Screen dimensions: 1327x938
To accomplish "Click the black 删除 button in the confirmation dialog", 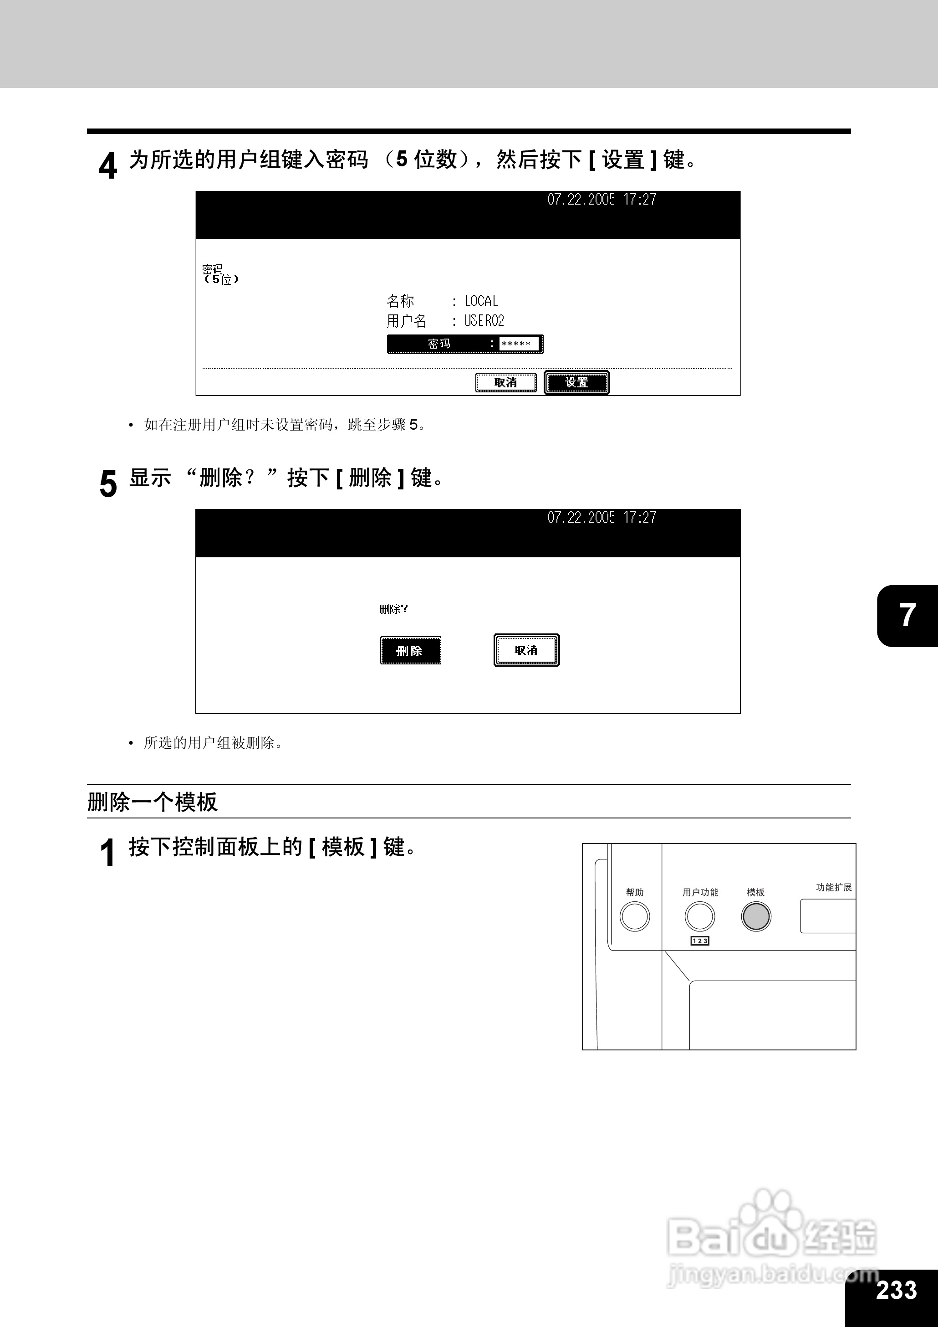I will (x=410, y=651).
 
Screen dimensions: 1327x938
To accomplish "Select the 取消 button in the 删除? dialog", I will (x=526, y=650).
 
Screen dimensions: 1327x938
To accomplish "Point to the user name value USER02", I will (x=484, y=321).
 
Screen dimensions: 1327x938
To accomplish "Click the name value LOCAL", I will (x=481, y=301).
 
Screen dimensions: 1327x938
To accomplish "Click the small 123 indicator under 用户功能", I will (x=699, y=941).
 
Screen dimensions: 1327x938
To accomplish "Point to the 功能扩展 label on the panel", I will (x=833, y=887).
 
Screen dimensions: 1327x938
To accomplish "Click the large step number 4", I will (x=108, y=165).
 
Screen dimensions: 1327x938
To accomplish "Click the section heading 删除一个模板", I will (x=153, y=802).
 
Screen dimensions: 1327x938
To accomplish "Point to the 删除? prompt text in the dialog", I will (x=393, y=609).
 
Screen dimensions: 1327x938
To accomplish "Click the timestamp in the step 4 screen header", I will (x=601, y=200).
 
